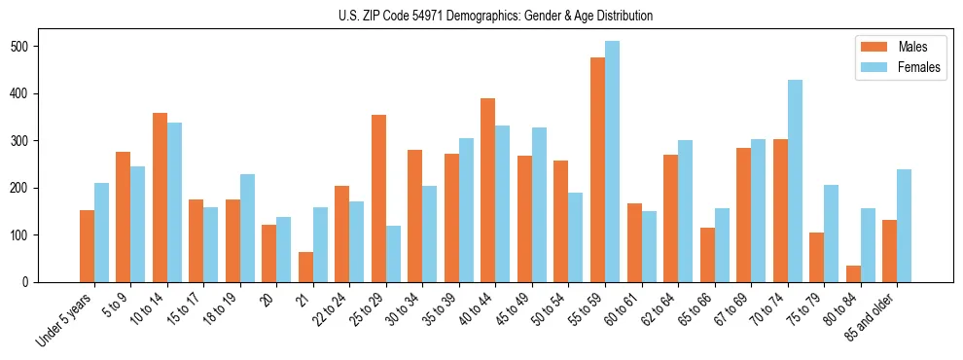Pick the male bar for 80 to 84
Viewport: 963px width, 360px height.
[x=853, y=273]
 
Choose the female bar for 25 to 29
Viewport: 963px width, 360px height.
[x=393, y=254]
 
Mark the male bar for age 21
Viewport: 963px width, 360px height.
[x=305, y=268]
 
